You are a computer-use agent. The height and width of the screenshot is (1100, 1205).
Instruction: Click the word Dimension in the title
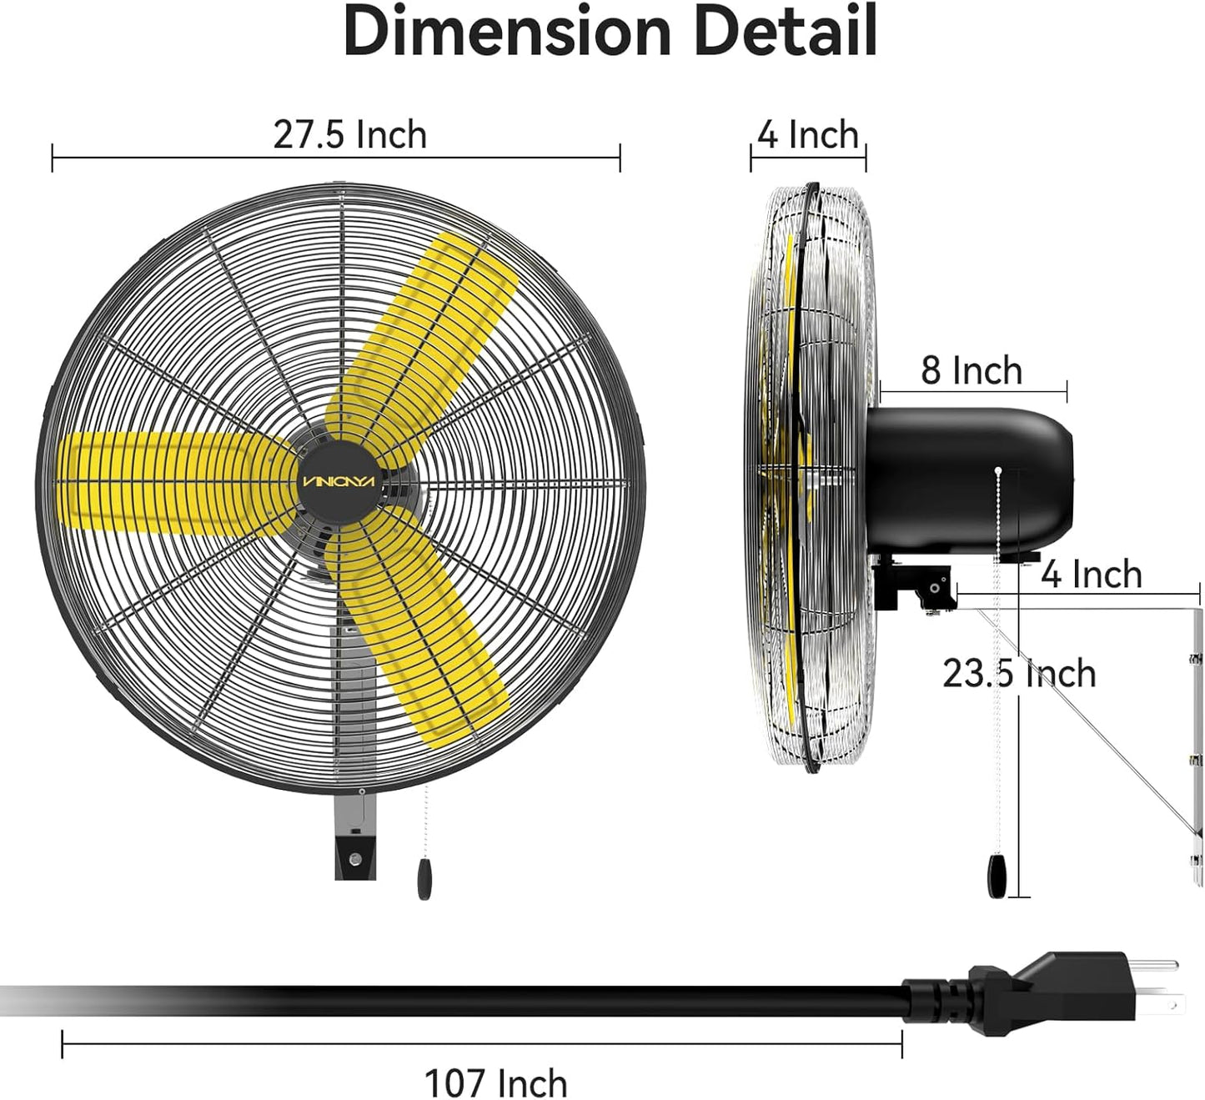[x=507, y=32]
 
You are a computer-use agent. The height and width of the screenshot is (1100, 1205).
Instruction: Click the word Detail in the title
[x=785, y=32]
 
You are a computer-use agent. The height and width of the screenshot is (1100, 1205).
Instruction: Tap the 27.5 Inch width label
[x=349, y=135]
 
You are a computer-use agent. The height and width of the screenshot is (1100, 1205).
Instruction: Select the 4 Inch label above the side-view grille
[x=807, y=135]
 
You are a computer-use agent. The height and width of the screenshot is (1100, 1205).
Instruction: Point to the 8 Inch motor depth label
[x=972, y=371]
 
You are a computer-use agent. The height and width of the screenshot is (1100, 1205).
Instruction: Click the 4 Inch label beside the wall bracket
[x=1091, y=575]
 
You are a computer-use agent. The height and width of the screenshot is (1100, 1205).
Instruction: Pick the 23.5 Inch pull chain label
[x=1019, y=674]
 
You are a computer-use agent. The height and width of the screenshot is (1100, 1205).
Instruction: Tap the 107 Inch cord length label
[x=495, y=1083]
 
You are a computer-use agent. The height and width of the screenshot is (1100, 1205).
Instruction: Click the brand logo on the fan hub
[x=339, y=483]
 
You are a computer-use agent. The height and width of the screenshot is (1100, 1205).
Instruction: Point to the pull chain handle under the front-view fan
[x=424, y=879]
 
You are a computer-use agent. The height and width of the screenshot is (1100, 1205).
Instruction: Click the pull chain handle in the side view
[x=997, y=876]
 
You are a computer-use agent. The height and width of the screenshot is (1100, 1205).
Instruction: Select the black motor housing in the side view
[x=967, y=480]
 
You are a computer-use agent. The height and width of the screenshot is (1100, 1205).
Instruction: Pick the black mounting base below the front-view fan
[x=354, y=855]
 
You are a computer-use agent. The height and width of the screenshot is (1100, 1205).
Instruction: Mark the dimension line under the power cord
[x=482, y=1043]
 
